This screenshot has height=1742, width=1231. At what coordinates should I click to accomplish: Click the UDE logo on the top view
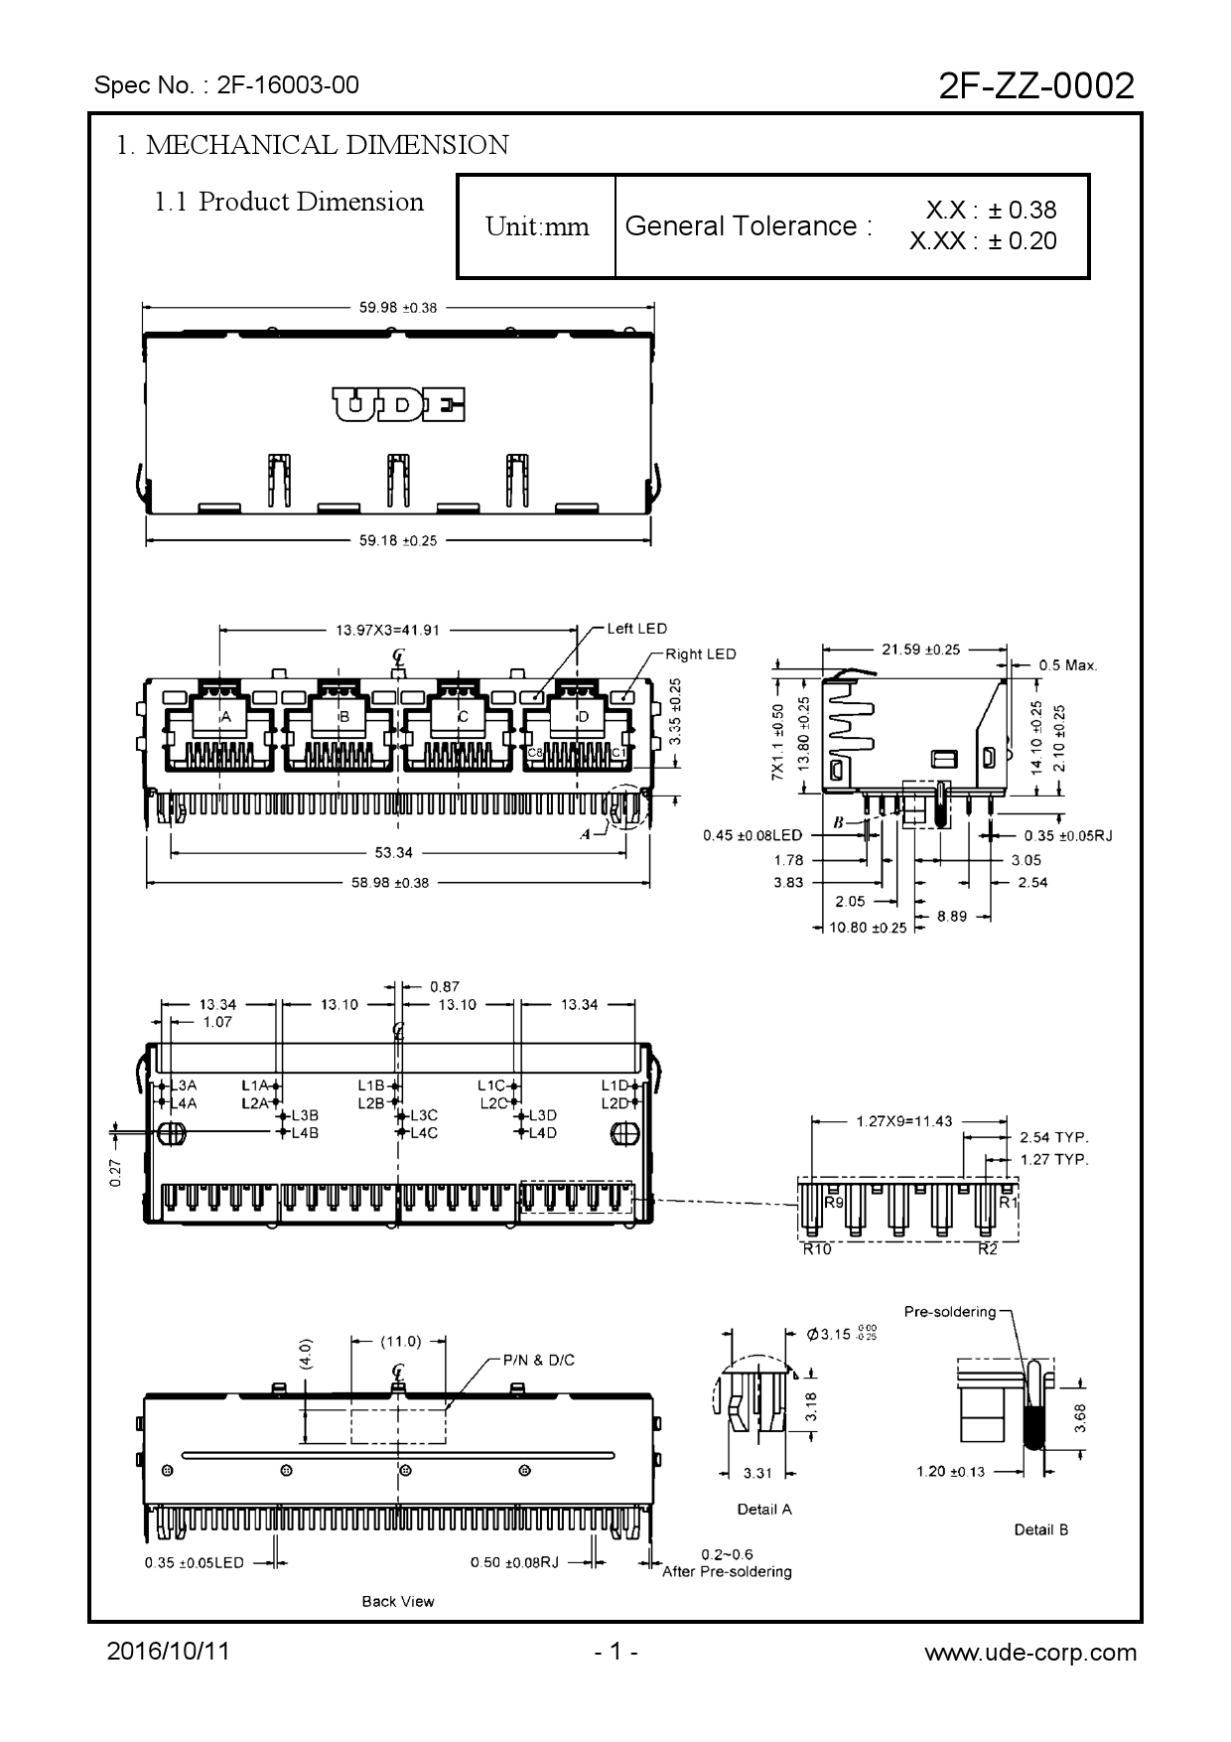(x=398, y=405)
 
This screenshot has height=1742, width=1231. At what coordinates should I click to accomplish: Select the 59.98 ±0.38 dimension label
(x=398, y=308)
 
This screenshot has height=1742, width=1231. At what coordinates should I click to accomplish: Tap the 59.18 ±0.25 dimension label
(x=398, y=541)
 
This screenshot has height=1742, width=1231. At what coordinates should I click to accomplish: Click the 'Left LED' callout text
(x=637, y=629)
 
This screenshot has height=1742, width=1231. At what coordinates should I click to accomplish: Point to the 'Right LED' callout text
(x=701, y=653)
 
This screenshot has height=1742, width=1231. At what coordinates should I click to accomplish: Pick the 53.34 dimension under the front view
(x=394, y=852)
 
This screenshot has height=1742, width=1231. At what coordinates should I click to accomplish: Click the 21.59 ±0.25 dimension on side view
(x=921, y=650)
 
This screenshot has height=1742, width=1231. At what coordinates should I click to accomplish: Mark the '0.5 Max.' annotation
(x=1068, y=665)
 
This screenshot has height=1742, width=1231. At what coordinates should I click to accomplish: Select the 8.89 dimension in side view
(x=952, y=916)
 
